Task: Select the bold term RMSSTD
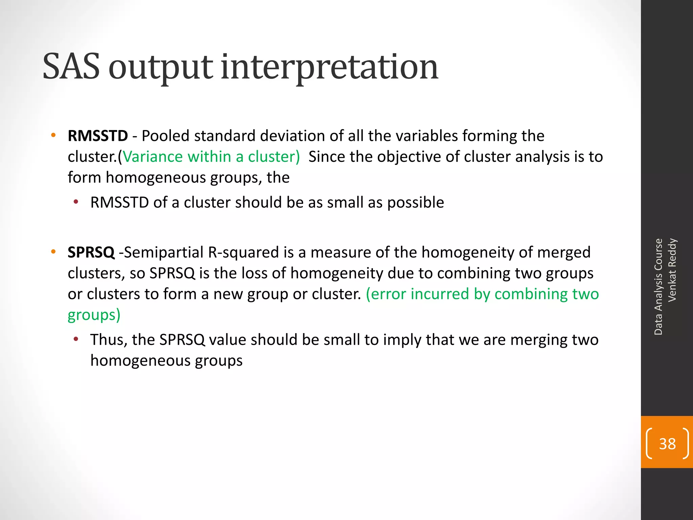[98, 136]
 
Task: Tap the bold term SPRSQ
[91, 252]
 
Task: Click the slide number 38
[667, 443]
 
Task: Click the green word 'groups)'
[94, 315]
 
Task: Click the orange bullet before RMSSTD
[53, 136]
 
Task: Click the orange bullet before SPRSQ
[53, 252]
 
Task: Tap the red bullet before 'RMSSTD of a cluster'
[76, 202]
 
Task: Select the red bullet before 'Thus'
[76, 339]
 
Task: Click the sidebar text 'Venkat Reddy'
[672, 270]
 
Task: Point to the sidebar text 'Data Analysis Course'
[658, 287]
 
